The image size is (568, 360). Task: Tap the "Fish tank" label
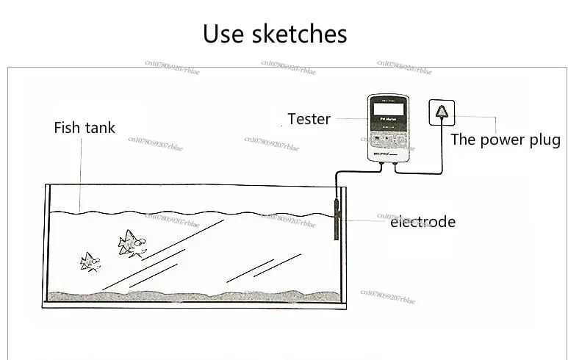tap(85, 128)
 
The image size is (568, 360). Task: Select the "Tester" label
tap(309, 119)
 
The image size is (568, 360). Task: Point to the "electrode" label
tap(423, 222)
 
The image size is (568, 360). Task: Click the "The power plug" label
tap(505, 140)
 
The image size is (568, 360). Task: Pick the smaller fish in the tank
tap(90, 261)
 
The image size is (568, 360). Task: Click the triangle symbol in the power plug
tap(441, 111)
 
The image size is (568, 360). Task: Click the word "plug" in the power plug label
tap(544, 140)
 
